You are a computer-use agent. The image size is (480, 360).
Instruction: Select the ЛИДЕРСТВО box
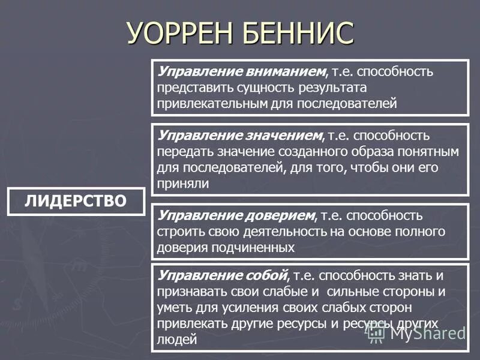(x=76, y=201)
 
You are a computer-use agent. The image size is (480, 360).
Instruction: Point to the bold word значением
(x=281, y=137)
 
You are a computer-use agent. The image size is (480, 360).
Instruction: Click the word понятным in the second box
(x=425, y=152)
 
